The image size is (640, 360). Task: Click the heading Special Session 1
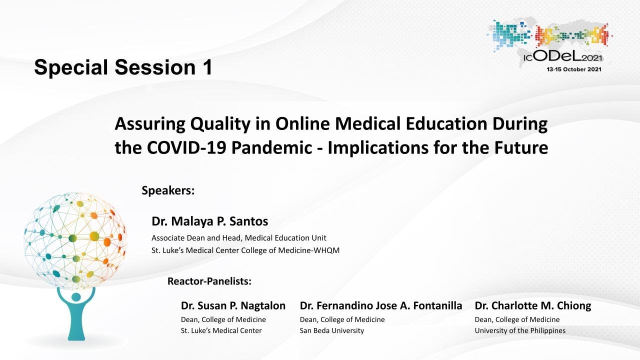point(123,67)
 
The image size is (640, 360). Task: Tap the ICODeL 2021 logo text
point(562,57)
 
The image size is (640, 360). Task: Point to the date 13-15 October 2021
point(573,69)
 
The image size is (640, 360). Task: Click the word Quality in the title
point(220,124)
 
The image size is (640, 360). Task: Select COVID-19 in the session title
point(186,147)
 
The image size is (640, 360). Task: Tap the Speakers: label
point(168,190)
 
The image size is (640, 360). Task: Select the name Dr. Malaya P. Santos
point(209,221)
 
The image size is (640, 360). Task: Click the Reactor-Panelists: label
point(209,281)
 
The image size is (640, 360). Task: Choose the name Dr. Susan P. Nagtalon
point(233,305)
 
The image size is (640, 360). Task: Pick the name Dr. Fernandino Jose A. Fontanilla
point(381,305)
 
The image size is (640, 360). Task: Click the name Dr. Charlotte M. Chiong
point(533,305)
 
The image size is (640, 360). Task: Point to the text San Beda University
point(331,330)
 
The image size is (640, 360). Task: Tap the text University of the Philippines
point(520,330)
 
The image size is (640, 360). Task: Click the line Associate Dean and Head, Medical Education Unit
point(239,237)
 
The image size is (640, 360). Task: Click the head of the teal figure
point(76,297)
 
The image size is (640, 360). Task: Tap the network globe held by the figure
point(75,240)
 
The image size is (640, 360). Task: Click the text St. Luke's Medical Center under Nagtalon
point(221,330)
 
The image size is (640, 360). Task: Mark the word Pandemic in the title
point(271,147)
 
